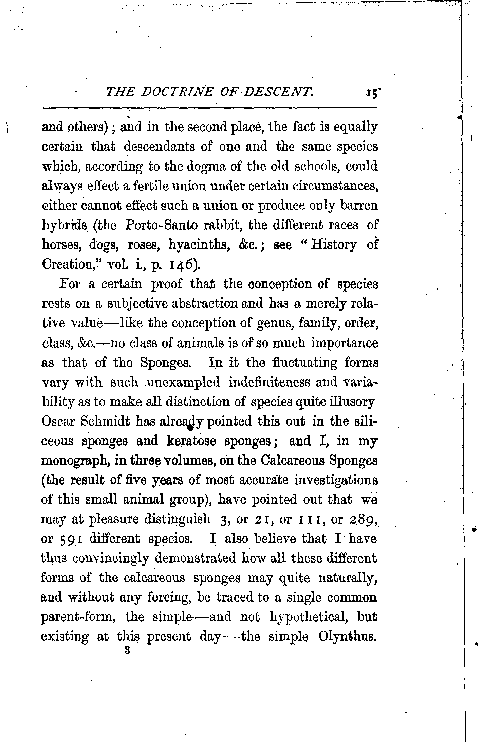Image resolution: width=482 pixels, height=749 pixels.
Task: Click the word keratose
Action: (191, 441)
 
